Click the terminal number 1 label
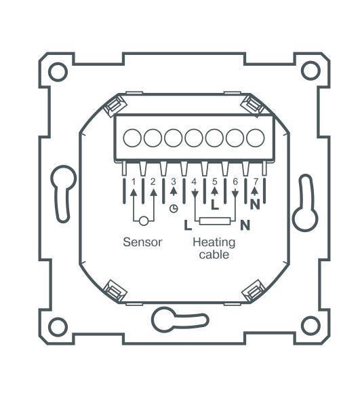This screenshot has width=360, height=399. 134,182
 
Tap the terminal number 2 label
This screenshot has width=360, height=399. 154,182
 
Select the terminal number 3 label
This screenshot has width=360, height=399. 174,181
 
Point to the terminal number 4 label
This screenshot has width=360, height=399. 195,182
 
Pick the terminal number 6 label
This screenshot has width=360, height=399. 235,182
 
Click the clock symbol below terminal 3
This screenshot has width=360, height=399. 174,208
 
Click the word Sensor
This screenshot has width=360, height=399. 142,242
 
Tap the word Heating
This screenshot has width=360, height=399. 214,242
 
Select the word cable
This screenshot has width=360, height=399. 214,255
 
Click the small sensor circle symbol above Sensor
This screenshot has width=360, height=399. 143,220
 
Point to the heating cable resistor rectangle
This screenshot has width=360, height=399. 215,220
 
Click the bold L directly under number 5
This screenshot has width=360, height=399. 215,202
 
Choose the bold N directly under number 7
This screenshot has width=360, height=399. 256,202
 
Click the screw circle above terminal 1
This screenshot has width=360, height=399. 133,138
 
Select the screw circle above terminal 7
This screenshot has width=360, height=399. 255,138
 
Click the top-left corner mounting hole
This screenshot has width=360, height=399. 58,70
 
